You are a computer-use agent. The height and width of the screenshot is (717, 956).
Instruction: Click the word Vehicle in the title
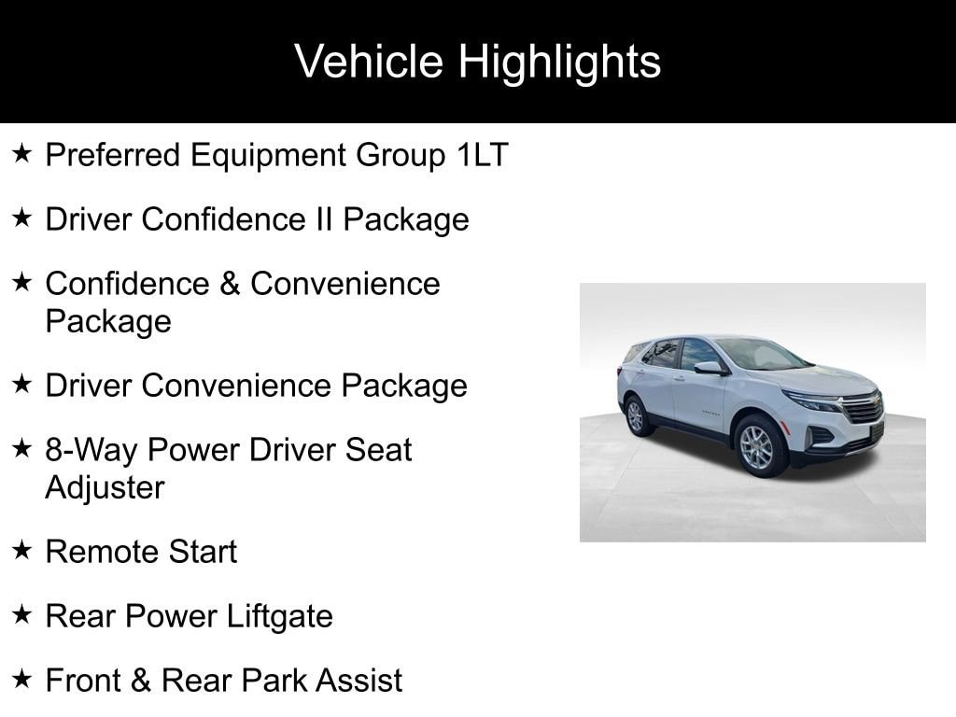point(369,61)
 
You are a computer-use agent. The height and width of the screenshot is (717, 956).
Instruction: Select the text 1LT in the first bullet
point(483,154)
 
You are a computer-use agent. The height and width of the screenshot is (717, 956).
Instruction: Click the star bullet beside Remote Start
point(22,550)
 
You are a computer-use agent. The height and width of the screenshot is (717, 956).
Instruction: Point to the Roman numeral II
point(324,218)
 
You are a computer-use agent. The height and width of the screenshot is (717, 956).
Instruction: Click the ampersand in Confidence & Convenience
point(230,284)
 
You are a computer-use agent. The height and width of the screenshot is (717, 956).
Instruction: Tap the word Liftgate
point(280,616)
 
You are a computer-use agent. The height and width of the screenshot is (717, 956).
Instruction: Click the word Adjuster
point(105,487)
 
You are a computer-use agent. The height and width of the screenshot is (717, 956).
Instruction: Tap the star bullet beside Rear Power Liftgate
point(22,614)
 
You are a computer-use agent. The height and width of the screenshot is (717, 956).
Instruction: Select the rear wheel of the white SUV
point(636,416)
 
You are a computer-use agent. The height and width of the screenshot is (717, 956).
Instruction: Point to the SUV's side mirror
point(709,368)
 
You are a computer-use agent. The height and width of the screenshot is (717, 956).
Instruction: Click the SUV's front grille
point(862,409)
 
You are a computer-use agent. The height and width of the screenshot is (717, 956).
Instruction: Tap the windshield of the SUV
point(762,355)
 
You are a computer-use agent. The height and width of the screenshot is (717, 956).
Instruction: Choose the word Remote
point(102,552)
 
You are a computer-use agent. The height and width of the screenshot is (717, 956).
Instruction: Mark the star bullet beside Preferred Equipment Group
point(22,153)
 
